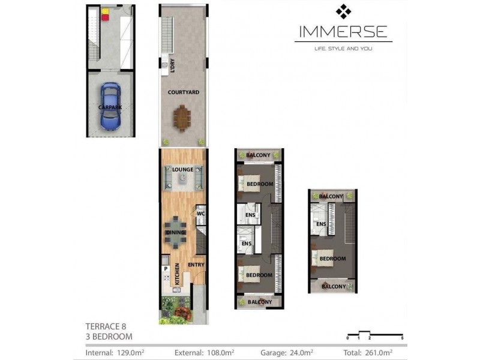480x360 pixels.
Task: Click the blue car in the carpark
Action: point(110,107)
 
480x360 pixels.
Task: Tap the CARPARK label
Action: point(110,107)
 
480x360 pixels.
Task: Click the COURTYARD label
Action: point(184,92)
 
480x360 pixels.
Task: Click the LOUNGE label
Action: point(183,170)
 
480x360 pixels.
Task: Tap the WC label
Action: point(201,213)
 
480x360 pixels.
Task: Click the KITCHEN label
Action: point(178,274)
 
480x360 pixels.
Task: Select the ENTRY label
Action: point(196,265)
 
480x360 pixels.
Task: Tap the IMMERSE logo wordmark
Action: point(343,32)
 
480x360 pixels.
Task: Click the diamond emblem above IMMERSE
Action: point(343,11)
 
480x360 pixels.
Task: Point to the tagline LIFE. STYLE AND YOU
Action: point(343,49)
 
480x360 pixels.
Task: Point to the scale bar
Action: point(375,334)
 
